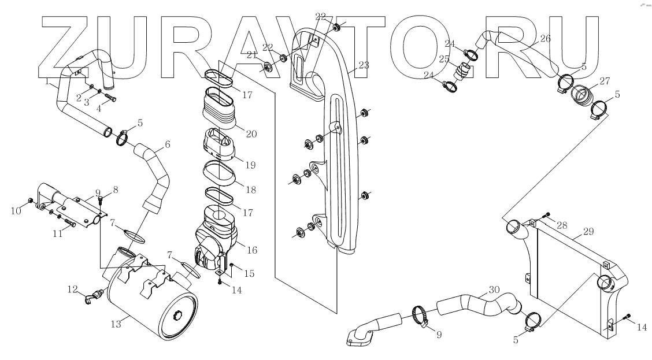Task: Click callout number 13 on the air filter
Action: pos(116,324)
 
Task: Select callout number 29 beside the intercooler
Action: pos(588,232)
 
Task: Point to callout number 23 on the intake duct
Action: pos(363,65)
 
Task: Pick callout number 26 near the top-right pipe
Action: pos(544,39)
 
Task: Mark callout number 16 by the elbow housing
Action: pos(251,250)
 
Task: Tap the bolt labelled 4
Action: pos(110,99)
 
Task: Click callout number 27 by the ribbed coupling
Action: pos(604,82)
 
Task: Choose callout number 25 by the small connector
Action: pos(444,59)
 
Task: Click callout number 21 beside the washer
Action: pos(251,55)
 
